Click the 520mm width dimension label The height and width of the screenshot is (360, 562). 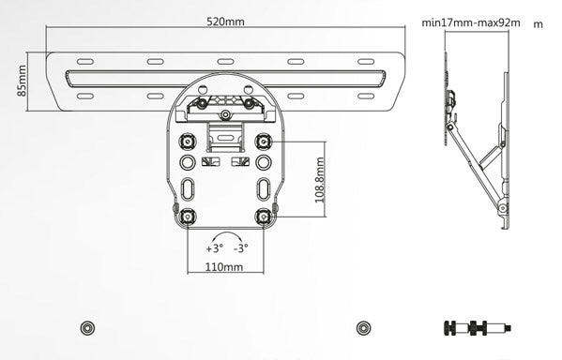coord(225,22)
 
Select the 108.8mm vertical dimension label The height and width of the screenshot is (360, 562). coord(320,184)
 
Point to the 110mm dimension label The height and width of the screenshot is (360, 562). coord(224,266)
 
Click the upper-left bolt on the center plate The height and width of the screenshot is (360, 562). coord(187,142)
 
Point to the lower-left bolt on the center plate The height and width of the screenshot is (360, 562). coord(187,217)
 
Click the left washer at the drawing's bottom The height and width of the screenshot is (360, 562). coord(86,327)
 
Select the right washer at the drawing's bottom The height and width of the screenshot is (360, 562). coord(363,327)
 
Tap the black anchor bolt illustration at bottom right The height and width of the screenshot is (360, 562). coord(476,328)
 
